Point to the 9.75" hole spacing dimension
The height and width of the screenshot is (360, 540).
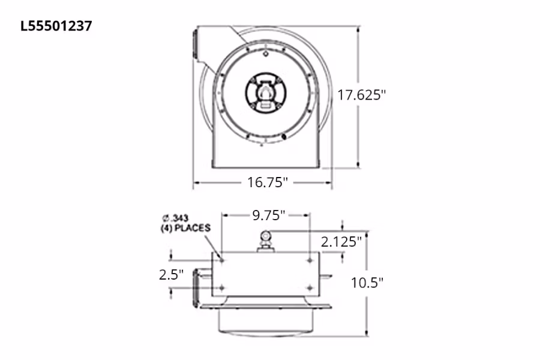(268, 215)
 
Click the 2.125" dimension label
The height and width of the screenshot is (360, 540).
(341, 242)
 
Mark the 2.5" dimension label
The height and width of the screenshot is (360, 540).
(171, 275)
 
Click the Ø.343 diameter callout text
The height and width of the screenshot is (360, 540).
(176, 218)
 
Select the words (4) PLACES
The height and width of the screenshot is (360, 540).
(185, 228)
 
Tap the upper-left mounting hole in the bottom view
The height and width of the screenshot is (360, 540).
(221, 260)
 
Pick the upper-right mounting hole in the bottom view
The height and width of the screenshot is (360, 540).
(310, 260)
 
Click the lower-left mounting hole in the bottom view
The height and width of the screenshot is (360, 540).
(221, 287)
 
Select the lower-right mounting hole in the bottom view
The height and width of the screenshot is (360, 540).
(310, 287)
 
